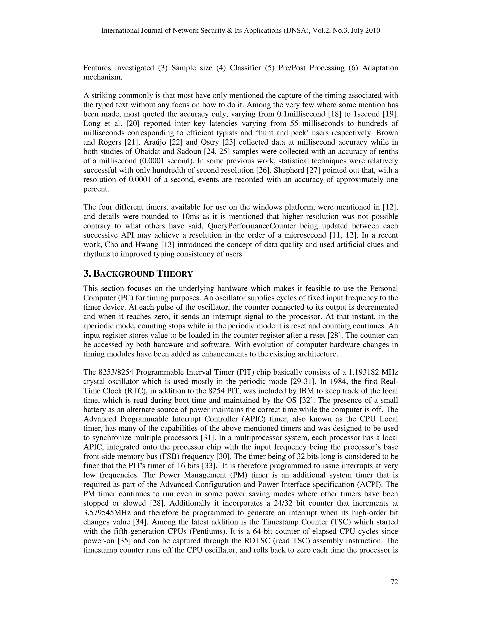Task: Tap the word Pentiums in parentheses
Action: coord(205,532)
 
